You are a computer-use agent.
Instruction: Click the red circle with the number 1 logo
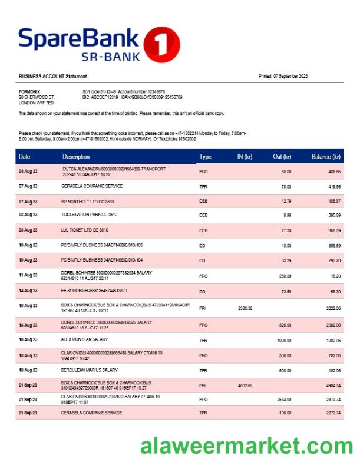pos(161,44)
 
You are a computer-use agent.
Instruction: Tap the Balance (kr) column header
pos(326,157)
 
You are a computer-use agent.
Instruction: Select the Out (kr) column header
pos(282,157)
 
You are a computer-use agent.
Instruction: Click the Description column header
pos(76,157)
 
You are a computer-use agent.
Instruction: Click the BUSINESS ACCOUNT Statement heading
pos(52,77)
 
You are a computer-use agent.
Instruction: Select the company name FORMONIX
pos(29,92)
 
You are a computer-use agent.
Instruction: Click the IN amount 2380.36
pos(245,308)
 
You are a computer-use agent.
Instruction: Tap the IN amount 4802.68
pos(245,385)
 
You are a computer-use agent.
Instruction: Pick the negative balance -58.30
pos(333,291)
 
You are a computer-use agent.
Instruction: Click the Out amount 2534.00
pos(283,399)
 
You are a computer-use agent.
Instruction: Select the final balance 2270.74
pos(333,413)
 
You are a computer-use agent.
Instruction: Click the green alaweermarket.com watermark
pos(246,446)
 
